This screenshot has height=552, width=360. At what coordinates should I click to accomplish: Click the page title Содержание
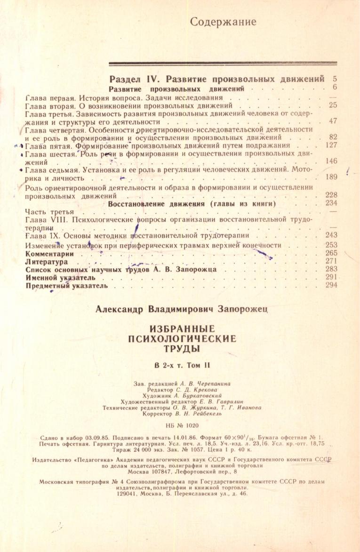(224, 22)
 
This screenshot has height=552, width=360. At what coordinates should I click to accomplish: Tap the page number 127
(332, 146)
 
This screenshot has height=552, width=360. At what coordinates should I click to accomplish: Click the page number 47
(333, 121)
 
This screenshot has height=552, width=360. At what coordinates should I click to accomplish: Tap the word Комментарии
(49, 253)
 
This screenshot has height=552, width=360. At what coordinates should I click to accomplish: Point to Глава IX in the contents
(41, 235)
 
